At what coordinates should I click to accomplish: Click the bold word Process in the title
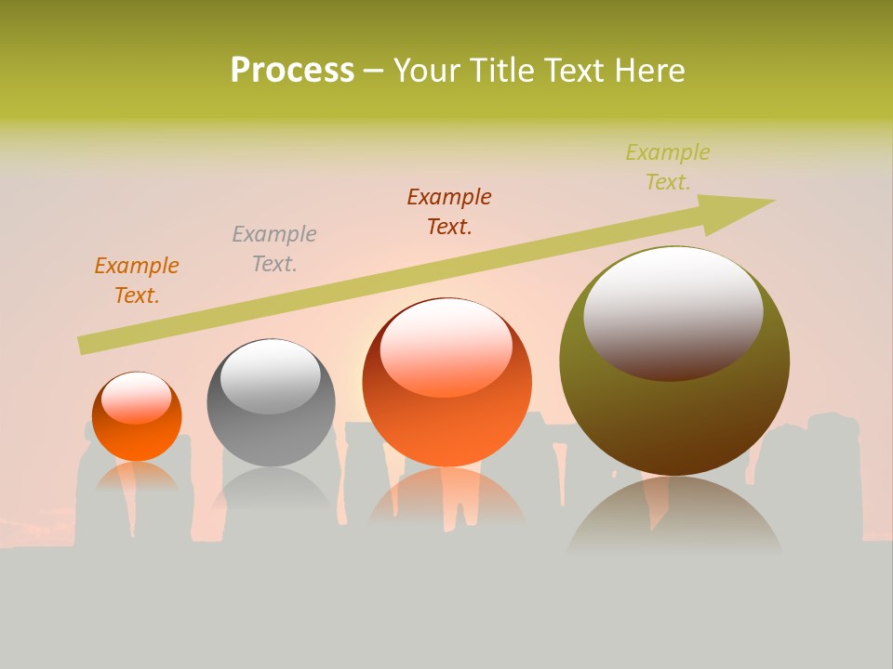(292, 71)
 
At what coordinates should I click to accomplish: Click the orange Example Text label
(137, 281)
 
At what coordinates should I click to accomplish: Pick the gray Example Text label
(274, 249)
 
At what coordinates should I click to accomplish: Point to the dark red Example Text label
(449, 212)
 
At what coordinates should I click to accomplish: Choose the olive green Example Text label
(668, 167)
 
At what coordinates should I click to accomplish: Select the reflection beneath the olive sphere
(674, 516)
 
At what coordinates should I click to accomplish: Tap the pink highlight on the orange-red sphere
(446, 346)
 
